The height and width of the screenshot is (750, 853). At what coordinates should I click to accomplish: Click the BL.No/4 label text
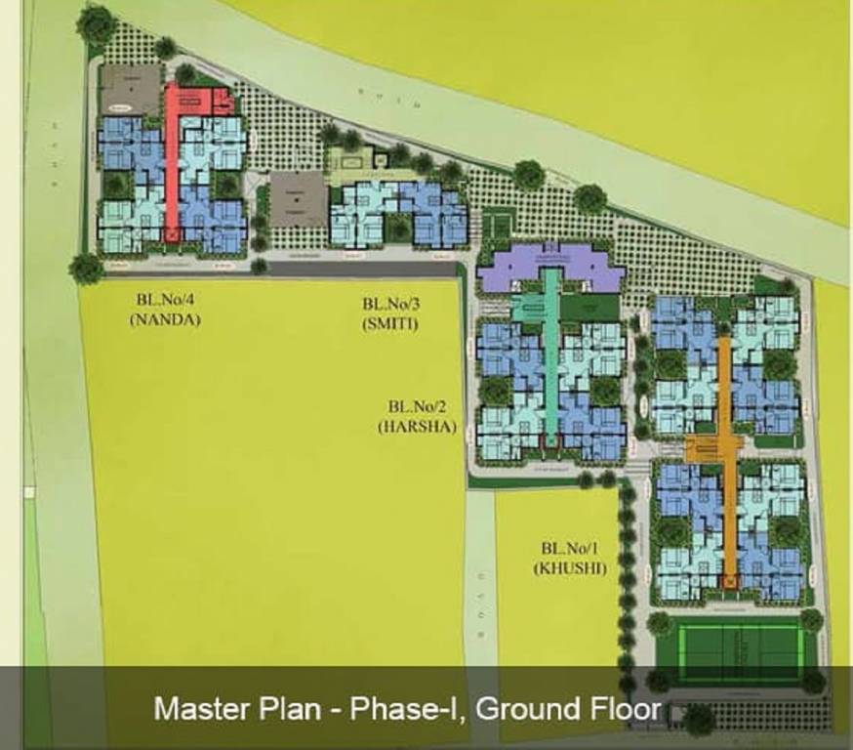click(164, 303)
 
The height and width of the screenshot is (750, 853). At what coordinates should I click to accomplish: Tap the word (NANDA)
click(164, 319)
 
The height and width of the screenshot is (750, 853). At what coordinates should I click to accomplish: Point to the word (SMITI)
click(389, 323)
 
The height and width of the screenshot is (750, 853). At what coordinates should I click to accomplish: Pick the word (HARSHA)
click(417, 426)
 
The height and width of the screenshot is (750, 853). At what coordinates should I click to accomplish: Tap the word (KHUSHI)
click(570, 567)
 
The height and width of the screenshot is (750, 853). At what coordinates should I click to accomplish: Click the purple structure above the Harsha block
click(551, 271)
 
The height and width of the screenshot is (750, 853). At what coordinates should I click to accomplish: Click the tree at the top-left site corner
click(96, 23)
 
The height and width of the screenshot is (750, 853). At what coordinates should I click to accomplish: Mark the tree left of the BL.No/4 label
click(86, 268)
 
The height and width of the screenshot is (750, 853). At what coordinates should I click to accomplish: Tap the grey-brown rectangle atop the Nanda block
click(132, 89)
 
